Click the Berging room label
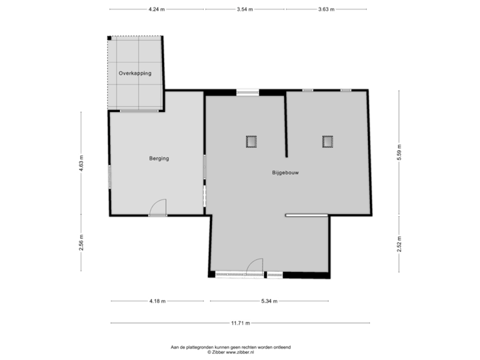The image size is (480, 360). pos(159,159)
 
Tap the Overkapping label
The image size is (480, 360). pos(135,73)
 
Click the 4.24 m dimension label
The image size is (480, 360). pos(157,9)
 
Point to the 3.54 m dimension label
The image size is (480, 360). pos(245,9)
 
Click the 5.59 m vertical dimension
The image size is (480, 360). pos(399,153)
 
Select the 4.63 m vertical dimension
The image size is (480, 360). pos(81,163)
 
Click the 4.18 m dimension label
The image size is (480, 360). pos(157,301)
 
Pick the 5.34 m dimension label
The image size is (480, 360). pos(269,301)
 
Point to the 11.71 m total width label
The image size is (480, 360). pos(240,323)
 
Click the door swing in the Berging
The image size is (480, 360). pos(158,208)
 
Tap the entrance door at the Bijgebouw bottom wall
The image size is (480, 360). pos(254,267)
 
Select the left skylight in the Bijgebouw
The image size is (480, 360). pos(251,141)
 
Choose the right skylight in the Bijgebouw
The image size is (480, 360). pos(327,141)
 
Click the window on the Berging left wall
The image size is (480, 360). pos(109,177)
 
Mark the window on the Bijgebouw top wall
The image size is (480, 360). pos(247,93)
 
